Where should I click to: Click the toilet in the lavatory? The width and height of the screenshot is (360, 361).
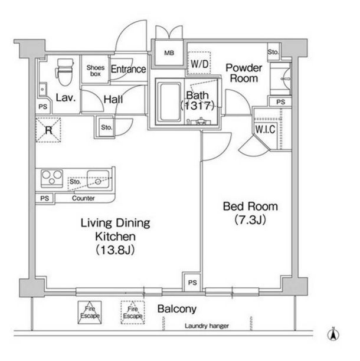[65, 71]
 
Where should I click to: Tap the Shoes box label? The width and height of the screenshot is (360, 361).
[96, 71]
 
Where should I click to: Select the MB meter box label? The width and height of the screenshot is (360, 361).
[169, 53]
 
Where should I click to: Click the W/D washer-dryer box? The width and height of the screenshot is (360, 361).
[199, 63]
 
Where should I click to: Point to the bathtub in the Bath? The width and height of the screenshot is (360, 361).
[170, 102]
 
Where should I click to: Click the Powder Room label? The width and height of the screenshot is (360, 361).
[244, 73]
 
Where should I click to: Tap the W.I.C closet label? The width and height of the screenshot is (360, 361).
[265, 129]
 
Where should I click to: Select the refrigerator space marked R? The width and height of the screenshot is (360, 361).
[48, 130]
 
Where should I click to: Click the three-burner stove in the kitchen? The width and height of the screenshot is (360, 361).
[52, 178]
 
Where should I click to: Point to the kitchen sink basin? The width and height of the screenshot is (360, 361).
[98, 179]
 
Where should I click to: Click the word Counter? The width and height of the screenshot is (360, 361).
[83, 198]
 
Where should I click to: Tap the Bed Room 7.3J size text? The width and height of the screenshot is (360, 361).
[250, 220]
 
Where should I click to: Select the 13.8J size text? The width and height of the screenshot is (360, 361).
[115, 250]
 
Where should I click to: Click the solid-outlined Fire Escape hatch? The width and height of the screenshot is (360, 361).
[90, 313]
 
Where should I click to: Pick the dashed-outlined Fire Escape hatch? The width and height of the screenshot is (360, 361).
[133, 313]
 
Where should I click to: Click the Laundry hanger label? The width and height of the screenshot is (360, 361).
[207, 326]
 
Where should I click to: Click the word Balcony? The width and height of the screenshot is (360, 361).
[177, 309]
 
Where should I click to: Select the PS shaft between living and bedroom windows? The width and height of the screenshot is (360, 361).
[192, 283]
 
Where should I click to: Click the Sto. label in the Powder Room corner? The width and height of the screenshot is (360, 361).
[273, 52]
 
